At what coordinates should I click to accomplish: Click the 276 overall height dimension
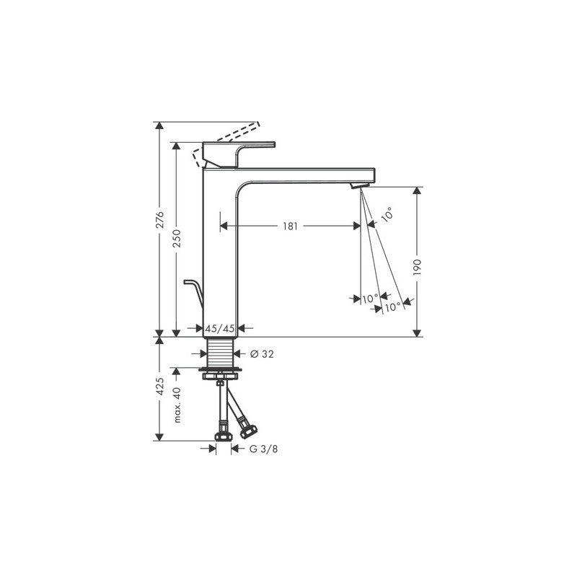(x=159, y=219)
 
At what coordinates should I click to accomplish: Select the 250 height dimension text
(x=177, y=238)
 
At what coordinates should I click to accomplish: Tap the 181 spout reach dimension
(x=291, y=226)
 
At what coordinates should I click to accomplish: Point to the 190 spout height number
(x=417, y=268)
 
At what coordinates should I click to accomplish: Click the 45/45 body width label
(x=220, y=328)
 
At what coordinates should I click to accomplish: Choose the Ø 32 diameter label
(x=262, y=354)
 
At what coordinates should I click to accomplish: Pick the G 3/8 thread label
(x=263, y=449)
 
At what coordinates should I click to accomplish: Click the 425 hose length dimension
(x=159, y=386)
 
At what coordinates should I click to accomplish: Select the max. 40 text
(x=177, y=405)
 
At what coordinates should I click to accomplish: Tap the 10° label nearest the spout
(x=387, y=214)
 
